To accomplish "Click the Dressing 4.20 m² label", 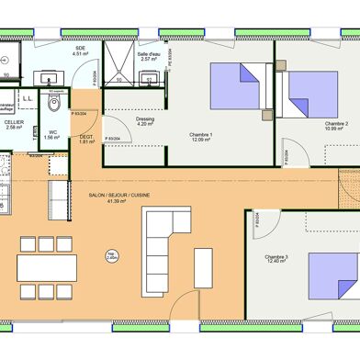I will pos(144,121).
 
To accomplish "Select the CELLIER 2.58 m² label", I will pos(14,124).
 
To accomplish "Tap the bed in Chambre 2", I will pos(309,91).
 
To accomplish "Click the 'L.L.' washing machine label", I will pos(28,99).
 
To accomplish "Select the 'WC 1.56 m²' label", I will pos(52,135).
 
